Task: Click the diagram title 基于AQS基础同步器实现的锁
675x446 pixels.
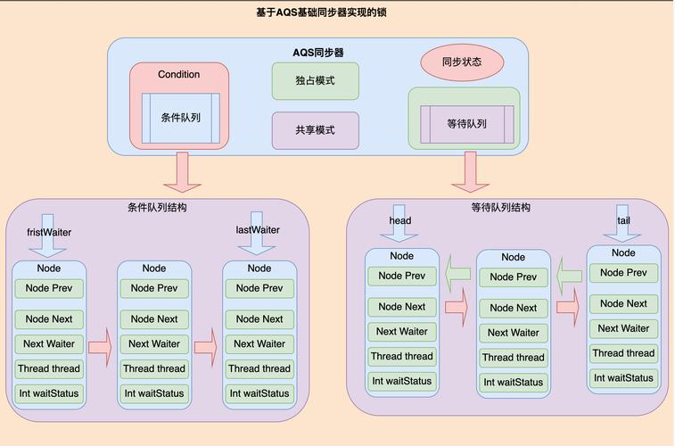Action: pos(320,12)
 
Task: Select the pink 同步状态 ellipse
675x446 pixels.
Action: pos(462,62)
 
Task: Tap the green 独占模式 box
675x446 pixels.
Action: pos(315,80)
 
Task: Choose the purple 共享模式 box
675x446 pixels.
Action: pos(315,130)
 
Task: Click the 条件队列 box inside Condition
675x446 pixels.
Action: pos(180,118)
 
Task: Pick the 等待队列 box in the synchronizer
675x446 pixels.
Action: pos(466,124)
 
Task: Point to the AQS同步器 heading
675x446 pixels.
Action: pos(318,53)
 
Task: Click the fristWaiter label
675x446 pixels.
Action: pos(49,233)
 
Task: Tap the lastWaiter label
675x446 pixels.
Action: pos(258,230)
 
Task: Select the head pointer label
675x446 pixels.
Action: pos(400,220)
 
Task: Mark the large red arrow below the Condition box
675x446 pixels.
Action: pos(183,171)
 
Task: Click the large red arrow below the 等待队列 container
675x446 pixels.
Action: pos(470,171)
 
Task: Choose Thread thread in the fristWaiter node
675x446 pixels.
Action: pos(48,368)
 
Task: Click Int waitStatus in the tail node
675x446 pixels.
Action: pos(623,378)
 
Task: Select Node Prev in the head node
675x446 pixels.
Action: pos(402,276)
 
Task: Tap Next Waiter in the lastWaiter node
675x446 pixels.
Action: pos(259,343)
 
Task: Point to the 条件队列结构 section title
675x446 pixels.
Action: pos(157,207)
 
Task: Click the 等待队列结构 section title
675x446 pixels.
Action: pos(500,207)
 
